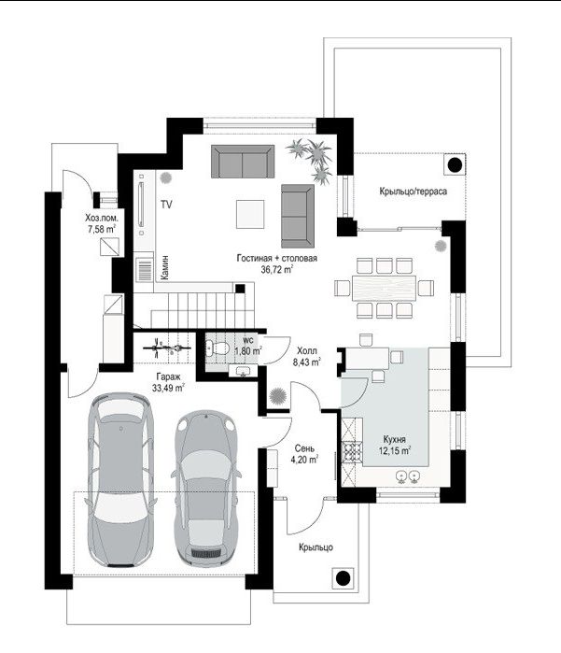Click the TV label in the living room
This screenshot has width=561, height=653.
click(166, 205)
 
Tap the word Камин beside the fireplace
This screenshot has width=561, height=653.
click(165, 267)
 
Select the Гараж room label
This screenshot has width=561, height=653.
click(169, 377)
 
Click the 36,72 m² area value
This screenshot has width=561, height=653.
click(276, 269)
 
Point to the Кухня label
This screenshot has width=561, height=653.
click(395, 439)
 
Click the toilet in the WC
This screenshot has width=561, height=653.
click(217, 348)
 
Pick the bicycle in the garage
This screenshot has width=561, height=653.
click(167, 348)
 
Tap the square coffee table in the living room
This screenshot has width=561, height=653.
click(250, 214)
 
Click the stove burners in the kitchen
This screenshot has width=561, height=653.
click(352, 451)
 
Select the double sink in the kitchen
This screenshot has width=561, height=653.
click(408, 476)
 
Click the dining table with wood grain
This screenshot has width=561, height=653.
click(384, 288)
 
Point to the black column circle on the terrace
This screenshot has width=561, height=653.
click(455, 165)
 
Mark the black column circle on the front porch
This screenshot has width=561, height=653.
click(343, 578)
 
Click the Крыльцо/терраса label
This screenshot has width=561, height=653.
click(414, 192)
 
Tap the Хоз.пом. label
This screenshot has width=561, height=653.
click(102, 218)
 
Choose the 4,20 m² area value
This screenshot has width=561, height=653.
click(304, 460)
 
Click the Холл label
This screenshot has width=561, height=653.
click(307, 351)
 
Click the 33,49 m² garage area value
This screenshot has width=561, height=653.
click(168, 388)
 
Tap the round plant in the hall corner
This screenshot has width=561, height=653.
click(277, 395)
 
